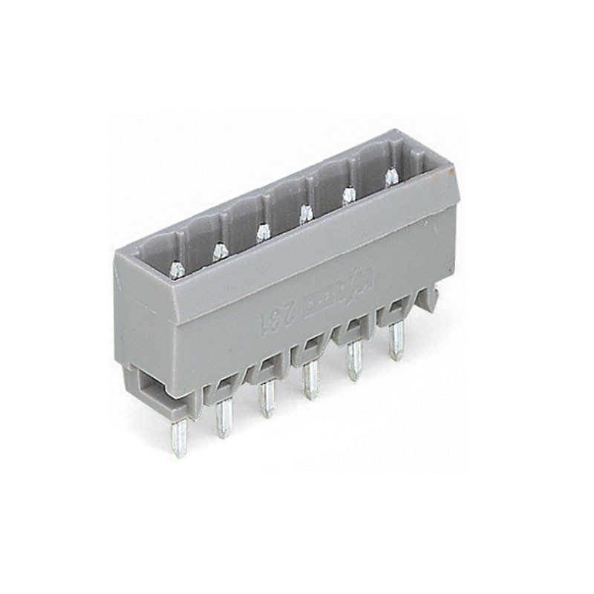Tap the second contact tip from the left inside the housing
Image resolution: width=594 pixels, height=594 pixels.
[220, 252]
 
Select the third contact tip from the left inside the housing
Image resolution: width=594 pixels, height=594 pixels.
[261, 233]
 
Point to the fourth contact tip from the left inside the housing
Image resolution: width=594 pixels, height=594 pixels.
[304, 215]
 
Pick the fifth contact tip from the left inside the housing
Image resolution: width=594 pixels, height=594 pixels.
[347, 195]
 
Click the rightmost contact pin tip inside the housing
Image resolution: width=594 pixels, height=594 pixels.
[389, 177]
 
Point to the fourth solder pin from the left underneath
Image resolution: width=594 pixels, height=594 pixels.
[309, 383]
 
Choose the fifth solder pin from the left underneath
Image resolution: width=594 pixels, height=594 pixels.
[354, 364]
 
